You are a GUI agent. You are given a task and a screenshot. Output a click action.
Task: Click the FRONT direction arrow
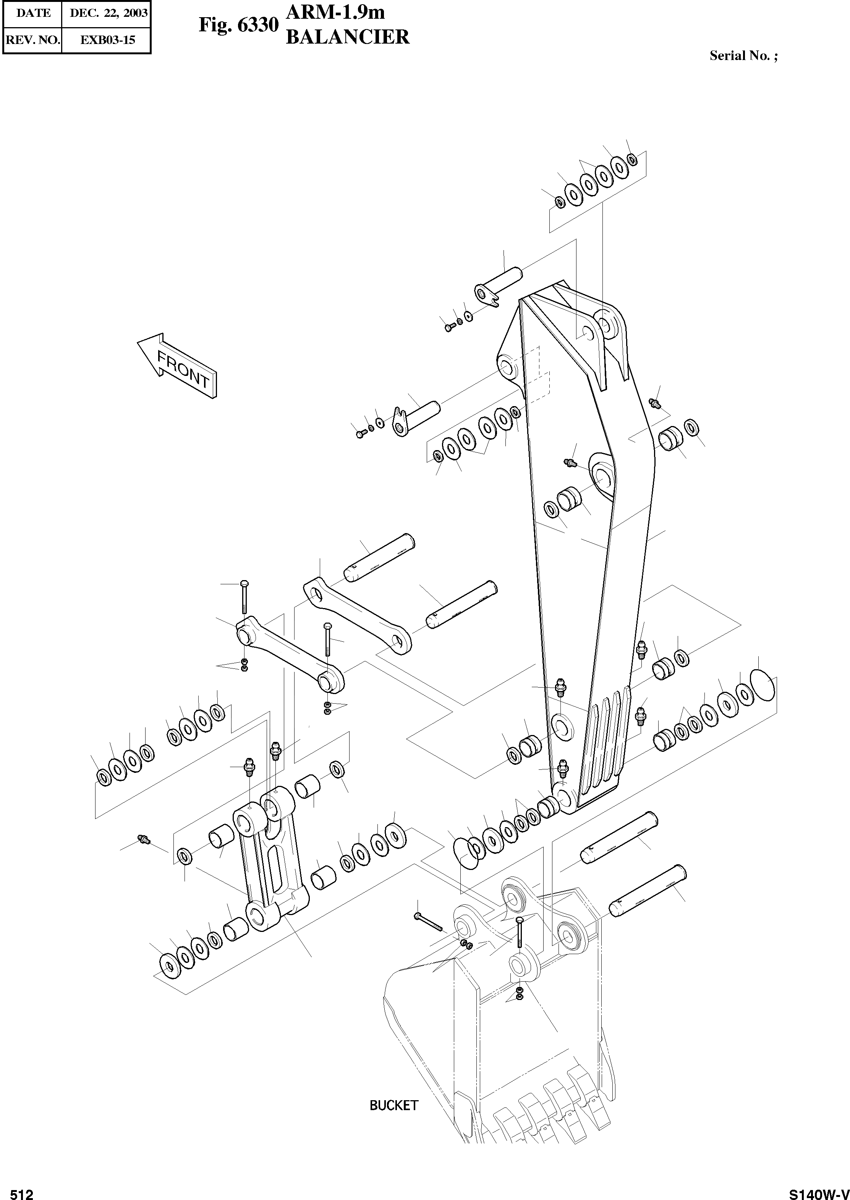click(177, 365)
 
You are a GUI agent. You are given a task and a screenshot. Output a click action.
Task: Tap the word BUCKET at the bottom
click(393, 1105)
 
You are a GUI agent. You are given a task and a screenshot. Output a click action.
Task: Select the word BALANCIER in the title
click(348, 37)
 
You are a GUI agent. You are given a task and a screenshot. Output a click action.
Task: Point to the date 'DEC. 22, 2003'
click(108, 13)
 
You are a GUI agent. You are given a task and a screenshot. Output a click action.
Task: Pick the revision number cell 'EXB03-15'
click(107, 40)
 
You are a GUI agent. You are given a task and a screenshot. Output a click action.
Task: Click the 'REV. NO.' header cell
click(32, 40)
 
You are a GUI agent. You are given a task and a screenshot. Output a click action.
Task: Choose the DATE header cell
click(33, 13)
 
